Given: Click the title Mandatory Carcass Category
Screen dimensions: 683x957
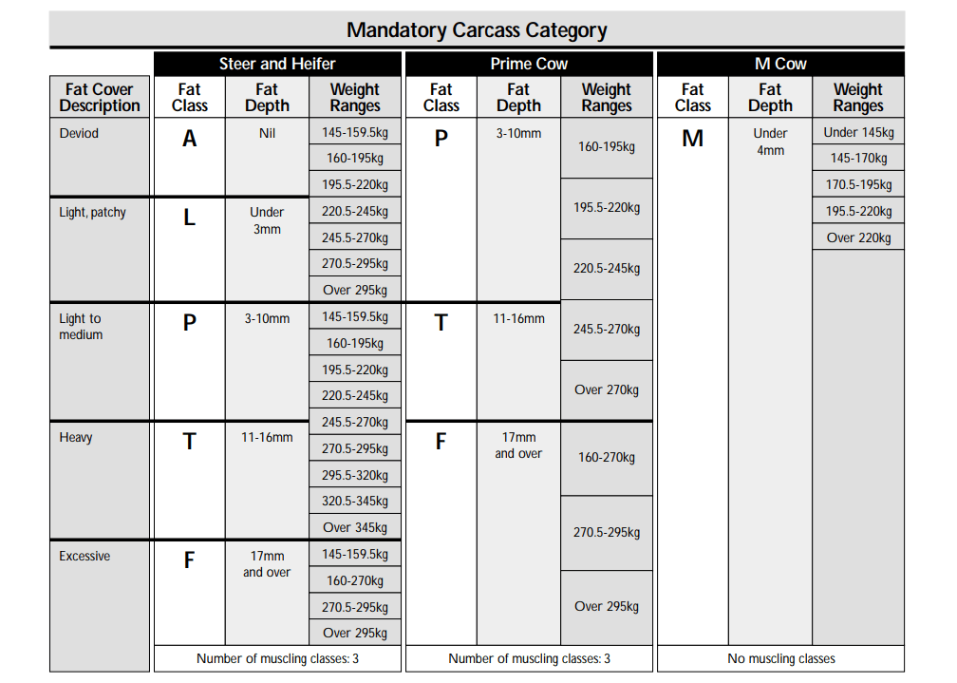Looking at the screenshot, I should coord(477,29).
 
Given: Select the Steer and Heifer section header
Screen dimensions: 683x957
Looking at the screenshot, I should coord(277,64).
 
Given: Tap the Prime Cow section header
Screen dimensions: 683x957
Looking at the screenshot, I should coord(529,64).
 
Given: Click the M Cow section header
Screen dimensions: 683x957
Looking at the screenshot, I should coord(780,64).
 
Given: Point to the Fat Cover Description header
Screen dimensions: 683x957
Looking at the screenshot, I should coord(100,97).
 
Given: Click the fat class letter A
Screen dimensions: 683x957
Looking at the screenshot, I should coord(190,139).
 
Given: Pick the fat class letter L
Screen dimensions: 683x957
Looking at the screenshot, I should coord(190,218).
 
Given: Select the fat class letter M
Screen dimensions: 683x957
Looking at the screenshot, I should coord(693,139).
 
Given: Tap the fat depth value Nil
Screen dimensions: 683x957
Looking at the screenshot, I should coord(267,134).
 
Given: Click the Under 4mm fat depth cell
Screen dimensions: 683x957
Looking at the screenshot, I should coord(770,142).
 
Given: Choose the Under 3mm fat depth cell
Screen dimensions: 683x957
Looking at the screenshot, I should coord(267,220).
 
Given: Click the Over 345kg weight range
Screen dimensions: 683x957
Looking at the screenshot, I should coord(355,527).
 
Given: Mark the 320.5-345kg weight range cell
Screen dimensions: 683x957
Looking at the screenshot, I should coord(355,501).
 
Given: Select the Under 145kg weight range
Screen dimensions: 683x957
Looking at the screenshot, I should coord(858,132).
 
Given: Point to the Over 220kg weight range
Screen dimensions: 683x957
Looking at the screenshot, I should coord(858,237).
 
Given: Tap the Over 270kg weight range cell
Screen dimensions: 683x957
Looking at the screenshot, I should coord(607,389).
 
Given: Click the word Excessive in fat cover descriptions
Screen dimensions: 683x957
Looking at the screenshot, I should coord(84,556).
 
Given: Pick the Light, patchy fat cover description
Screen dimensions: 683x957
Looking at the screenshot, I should coord(92,212).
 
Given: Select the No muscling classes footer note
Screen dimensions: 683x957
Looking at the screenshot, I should coord(780,658).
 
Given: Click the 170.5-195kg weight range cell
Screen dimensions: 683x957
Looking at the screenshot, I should coord(858,185).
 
